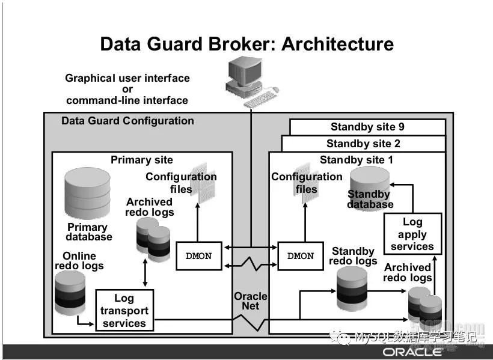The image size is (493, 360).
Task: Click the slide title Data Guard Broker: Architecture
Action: [x=246, y=44]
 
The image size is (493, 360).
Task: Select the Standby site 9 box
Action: [x=367, y=127]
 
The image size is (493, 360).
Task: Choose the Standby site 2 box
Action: [x=363, y=144]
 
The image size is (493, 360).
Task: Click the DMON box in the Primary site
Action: [x=198, y=256]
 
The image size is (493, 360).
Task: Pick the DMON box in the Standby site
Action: [x=301, y=256]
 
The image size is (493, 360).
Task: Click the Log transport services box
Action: [x=124, y=311]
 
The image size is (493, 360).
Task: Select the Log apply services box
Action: [x=412, y=234]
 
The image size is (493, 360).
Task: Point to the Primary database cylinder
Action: [x=88, y=192]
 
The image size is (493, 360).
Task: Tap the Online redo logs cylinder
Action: [x=70, y=293]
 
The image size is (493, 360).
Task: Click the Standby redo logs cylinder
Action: [x=352, y=288]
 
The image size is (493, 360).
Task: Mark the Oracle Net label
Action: [x=250, y=301]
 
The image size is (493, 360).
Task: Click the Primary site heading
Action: [x=142, y=160]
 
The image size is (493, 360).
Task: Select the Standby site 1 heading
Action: [x=357, y=160]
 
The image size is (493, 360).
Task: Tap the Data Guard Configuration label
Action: [x=127, y=121]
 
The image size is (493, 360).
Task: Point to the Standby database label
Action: [x=370, y=199]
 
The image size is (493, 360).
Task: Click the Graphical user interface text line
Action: [x=127, y=78]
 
